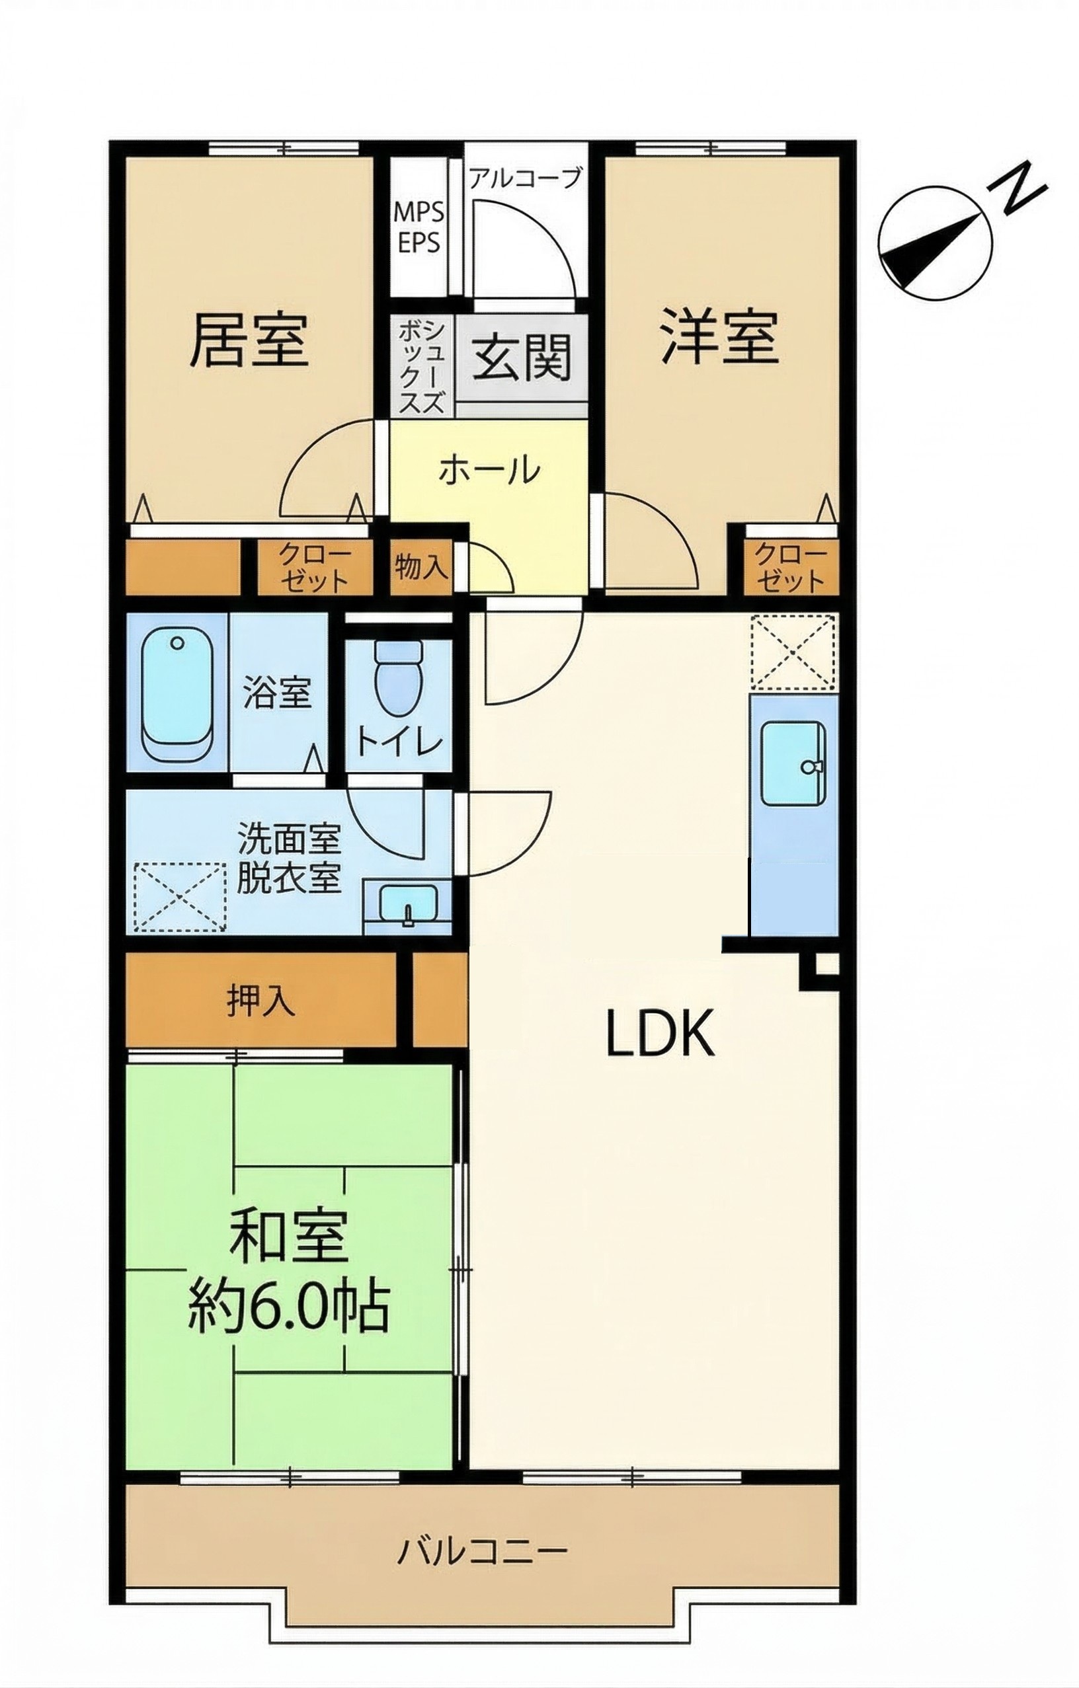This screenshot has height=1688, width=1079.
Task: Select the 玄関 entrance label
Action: point(522,358)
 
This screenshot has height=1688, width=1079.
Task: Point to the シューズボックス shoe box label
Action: point(421,366)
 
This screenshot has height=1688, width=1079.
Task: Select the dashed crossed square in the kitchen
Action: point(792,652)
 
